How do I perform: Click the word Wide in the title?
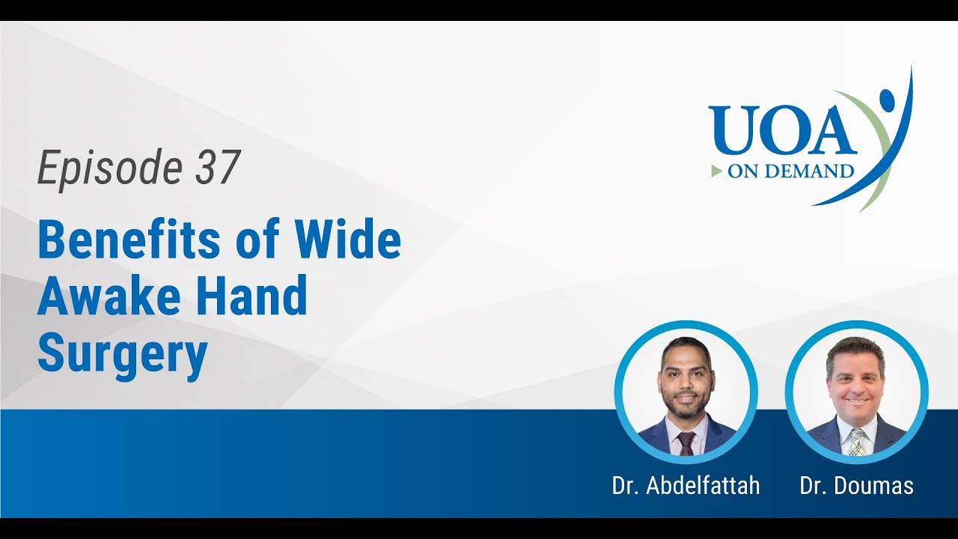click(347, 240)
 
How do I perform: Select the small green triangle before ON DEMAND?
click(717, 171)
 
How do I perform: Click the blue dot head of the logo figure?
click(887, 97)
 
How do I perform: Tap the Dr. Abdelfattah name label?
click(686, 486)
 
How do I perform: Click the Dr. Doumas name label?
click(856, 486)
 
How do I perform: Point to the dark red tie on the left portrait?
click(686, 443)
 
